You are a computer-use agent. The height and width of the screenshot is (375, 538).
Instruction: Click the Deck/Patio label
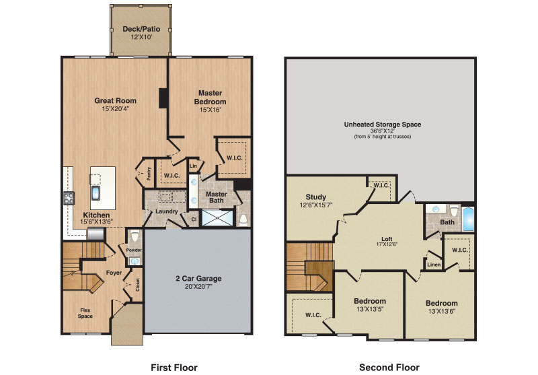point(141,29)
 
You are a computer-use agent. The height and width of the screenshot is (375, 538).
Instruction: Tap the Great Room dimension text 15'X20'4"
point(115,109)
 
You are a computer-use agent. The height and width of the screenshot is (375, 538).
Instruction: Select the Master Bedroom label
point(210,97)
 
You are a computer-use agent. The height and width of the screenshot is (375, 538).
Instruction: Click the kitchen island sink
point(95,193)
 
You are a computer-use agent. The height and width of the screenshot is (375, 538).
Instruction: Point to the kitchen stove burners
point(69,198)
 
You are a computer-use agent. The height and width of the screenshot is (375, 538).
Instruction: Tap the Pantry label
point(149,173)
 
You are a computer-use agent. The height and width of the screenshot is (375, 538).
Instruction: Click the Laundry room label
point(166,211)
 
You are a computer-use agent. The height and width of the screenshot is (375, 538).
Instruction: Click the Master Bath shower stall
point(217,217)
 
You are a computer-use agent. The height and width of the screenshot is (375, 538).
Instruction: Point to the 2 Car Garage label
point(198,279)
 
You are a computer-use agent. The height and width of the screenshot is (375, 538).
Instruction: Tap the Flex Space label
point(85,313)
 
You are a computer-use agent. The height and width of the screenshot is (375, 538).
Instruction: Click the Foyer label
point(114,273)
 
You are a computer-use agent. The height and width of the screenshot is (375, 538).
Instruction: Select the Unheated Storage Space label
point(383,125)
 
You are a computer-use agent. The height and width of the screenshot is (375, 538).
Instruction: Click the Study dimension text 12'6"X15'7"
point(315,205)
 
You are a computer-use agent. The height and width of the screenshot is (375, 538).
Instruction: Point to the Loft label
point(387,239)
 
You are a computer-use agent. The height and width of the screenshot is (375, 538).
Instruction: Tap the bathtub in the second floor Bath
point(468,218)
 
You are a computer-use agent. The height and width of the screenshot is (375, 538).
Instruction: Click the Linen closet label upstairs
point(434,265)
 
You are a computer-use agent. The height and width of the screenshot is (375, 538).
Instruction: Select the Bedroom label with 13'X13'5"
point(370,301)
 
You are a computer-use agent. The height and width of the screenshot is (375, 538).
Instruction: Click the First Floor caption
point(174,368)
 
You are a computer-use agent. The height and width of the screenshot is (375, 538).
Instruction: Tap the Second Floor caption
point(389,368)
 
